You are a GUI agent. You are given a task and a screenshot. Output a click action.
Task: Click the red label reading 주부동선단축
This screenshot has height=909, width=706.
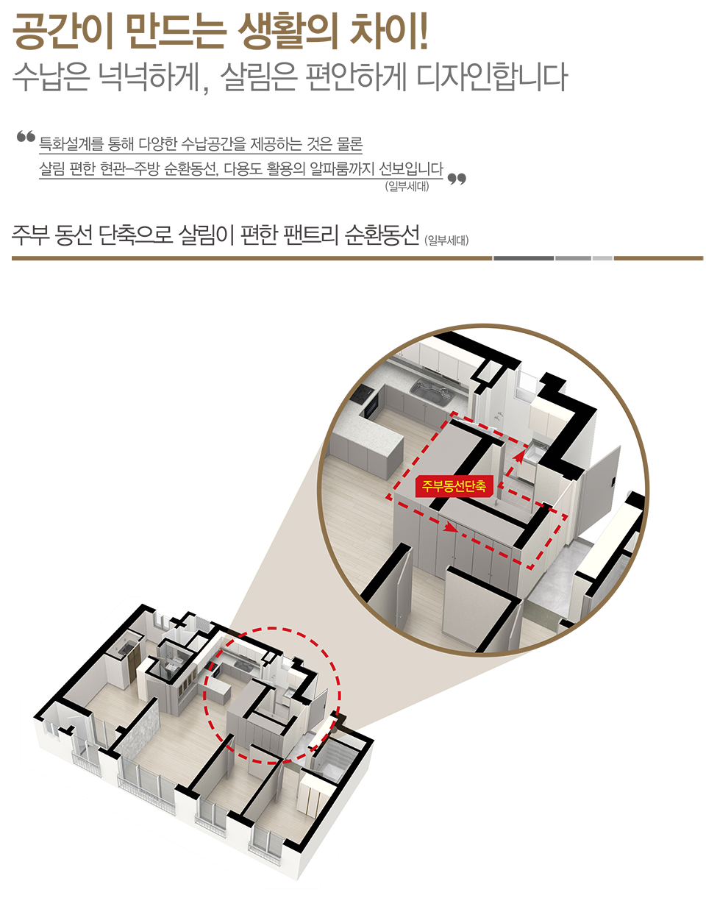[454, 486]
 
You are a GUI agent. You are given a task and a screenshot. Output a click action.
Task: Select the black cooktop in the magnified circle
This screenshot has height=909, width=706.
[362, 393]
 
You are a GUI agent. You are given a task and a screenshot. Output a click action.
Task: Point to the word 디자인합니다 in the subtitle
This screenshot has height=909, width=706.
[491, 77]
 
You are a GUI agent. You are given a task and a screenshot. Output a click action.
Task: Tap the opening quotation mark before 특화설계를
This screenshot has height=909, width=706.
[26, 137]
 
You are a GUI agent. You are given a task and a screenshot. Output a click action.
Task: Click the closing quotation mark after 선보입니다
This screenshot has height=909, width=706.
[456, 179]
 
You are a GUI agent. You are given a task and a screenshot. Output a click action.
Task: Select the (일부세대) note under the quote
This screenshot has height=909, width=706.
[407, 187]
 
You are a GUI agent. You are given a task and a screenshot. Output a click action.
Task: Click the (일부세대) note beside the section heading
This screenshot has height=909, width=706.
[446, 240]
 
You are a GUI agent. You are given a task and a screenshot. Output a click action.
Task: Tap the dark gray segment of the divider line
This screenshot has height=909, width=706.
[523, 258]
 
